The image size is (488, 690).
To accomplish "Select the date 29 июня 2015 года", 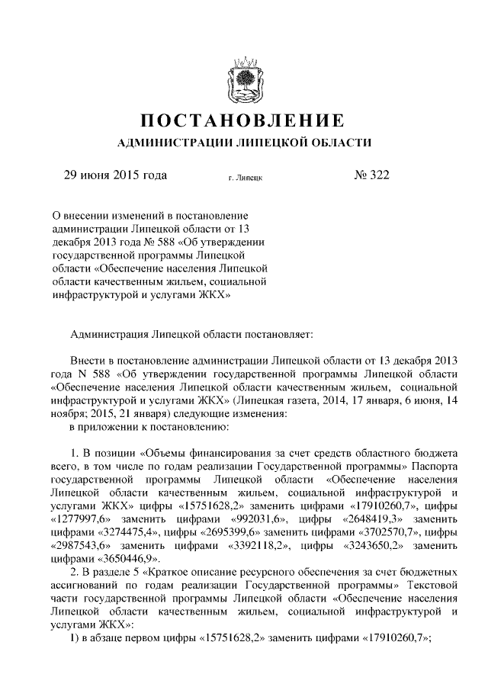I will click(x=115, y=175).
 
